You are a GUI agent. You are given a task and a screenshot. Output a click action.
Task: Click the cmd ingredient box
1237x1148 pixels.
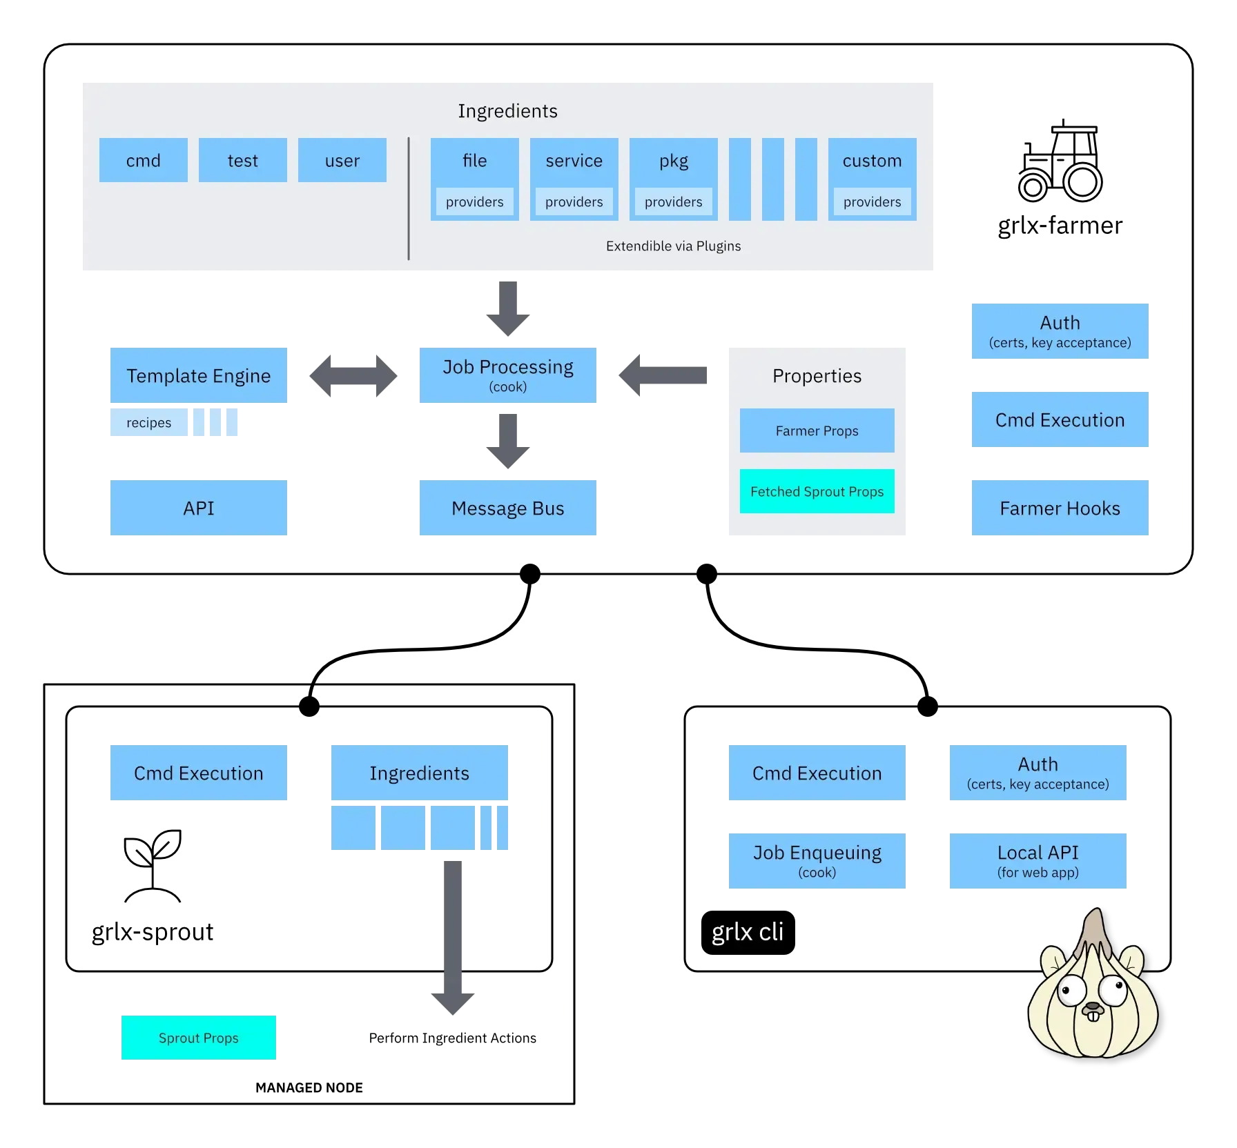coord(144,160)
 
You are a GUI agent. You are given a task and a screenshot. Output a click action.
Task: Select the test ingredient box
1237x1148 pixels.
coord(243,160)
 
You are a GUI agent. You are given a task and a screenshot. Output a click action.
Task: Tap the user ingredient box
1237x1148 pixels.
coord(342,160)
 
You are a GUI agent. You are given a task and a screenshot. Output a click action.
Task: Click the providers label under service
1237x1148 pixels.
coord(574,202)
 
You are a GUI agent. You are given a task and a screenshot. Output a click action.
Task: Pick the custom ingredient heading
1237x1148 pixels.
coord(872,161)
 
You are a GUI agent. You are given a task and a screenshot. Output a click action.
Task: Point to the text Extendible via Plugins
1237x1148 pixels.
coord(673,246)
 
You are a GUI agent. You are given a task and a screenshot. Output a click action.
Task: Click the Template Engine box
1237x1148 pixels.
coord(199,375)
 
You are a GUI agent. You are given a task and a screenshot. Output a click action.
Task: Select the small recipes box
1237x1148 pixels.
coord(148,422)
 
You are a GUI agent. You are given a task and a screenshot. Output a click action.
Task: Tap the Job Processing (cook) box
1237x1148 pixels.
coord(508,375)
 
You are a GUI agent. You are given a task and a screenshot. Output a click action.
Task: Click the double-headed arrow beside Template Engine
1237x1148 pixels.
coord(353,375)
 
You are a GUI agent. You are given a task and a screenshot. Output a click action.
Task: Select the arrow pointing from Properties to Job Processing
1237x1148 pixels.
coord(663,375)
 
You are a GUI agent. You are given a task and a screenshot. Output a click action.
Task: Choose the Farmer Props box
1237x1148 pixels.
coord(817,430)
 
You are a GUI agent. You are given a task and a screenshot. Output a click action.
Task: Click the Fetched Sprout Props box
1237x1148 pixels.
coord(817,491)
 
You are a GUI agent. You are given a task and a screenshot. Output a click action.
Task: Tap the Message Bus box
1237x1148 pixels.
coord(508,508)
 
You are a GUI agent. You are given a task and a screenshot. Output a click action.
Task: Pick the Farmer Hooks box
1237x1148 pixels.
coord(1060,508)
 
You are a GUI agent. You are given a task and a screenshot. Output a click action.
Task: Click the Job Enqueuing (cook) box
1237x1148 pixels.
coord(817,861)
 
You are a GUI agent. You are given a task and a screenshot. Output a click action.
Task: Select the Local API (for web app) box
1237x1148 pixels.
coord(1038,861)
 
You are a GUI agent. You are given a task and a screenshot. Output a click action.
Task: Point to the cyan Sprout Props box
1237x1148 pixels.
coord(199,1038)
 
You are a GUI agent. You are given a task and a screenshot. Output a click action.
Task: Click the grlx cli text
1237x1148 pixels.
coord(748,932)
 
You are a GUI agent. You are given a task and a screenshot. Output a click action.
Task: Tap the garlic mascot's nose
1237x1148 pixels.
coord(1093,1007)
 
